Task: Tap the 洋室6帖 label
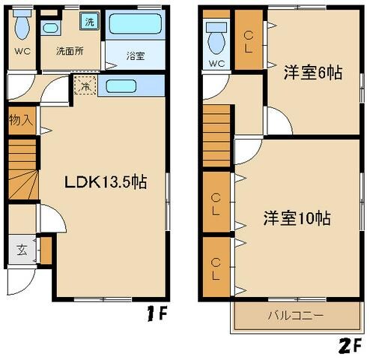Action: (x=313, y=73)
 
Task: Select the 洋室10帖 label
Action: (x=297, y=219)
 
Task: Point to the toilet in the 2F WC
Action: (x=218, y=39)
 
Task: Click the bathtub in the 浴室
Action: (x=135, y=25)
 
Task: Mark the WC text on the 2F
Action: (x=217, y=64)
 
